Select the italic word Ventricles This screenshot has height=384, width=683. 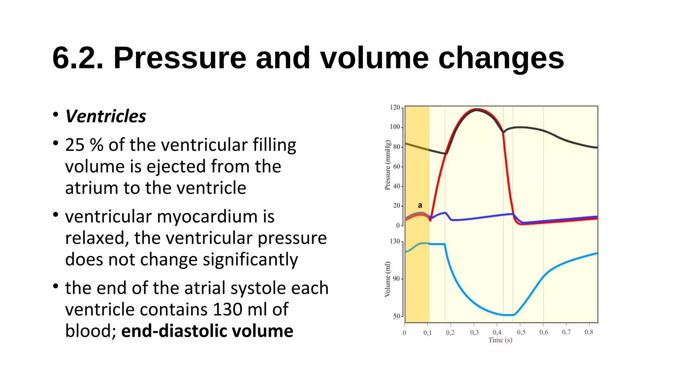pos(105,116)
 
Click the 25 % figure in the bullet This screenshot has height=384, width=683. pos(84,145)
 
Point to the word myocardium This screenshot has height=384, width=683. pos(207,217)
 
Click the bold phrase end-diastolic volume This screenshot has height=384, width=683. pos(207,331)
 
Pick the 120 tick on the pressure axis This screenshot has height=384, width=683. pos(395,107)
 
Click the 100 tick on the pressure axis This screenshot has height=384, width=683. pos(395,127)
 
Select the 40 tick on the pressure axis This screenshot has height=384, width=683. pos(397,186)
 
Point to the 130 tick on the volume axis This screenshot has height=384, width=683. pos(395,241)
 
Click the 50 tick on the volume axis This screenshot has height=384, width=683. pos(397,316)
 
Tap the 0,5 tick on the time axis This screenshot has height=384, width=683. pos(521,332)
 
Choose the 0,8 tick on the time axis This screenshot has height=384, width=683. pos(589,332)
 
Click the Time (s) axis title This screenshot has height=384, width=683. pos(500,340)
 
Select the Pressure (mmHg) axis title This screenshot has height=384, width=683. pos(388,165)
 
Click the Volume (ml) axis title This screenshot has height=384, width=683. pos(388,279)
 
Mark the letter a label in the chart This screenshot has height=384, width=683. pos(420,205)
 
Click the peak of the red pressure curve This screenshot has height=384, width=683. pos(477,109)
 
